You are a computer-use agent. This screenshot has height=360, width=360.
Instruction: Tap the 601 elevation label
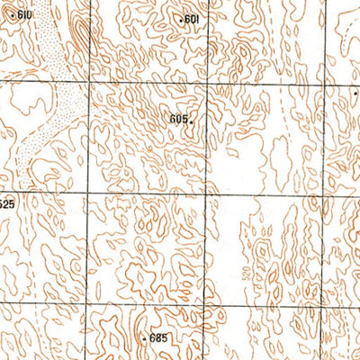[x=190, y=19]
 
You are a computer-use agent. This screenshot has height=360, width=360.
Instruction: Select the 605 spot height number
[x=177, y=119]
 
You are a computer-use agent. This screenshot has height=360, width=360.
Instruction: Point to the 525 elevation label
[x=6, y=204]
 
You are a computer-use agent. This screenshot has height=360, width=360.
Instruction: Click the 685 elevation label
[x=158, y=337]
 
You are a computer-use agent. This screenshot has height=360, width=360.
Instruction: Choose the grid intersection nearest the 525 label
[x=87, y=192]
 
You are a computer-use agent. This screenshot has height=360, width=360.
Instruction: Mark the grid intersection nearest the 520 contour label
[x=206, y=302]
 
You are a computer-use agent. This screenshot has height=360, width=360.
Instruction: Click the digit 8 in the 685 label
[x=158, y=337]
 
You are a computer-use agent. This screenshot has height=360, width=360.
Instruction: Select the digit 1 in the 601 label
[x=195, y=19]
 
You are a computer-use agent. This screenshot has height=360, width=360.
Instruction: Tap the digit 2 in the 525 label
[x=6, y=204]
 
